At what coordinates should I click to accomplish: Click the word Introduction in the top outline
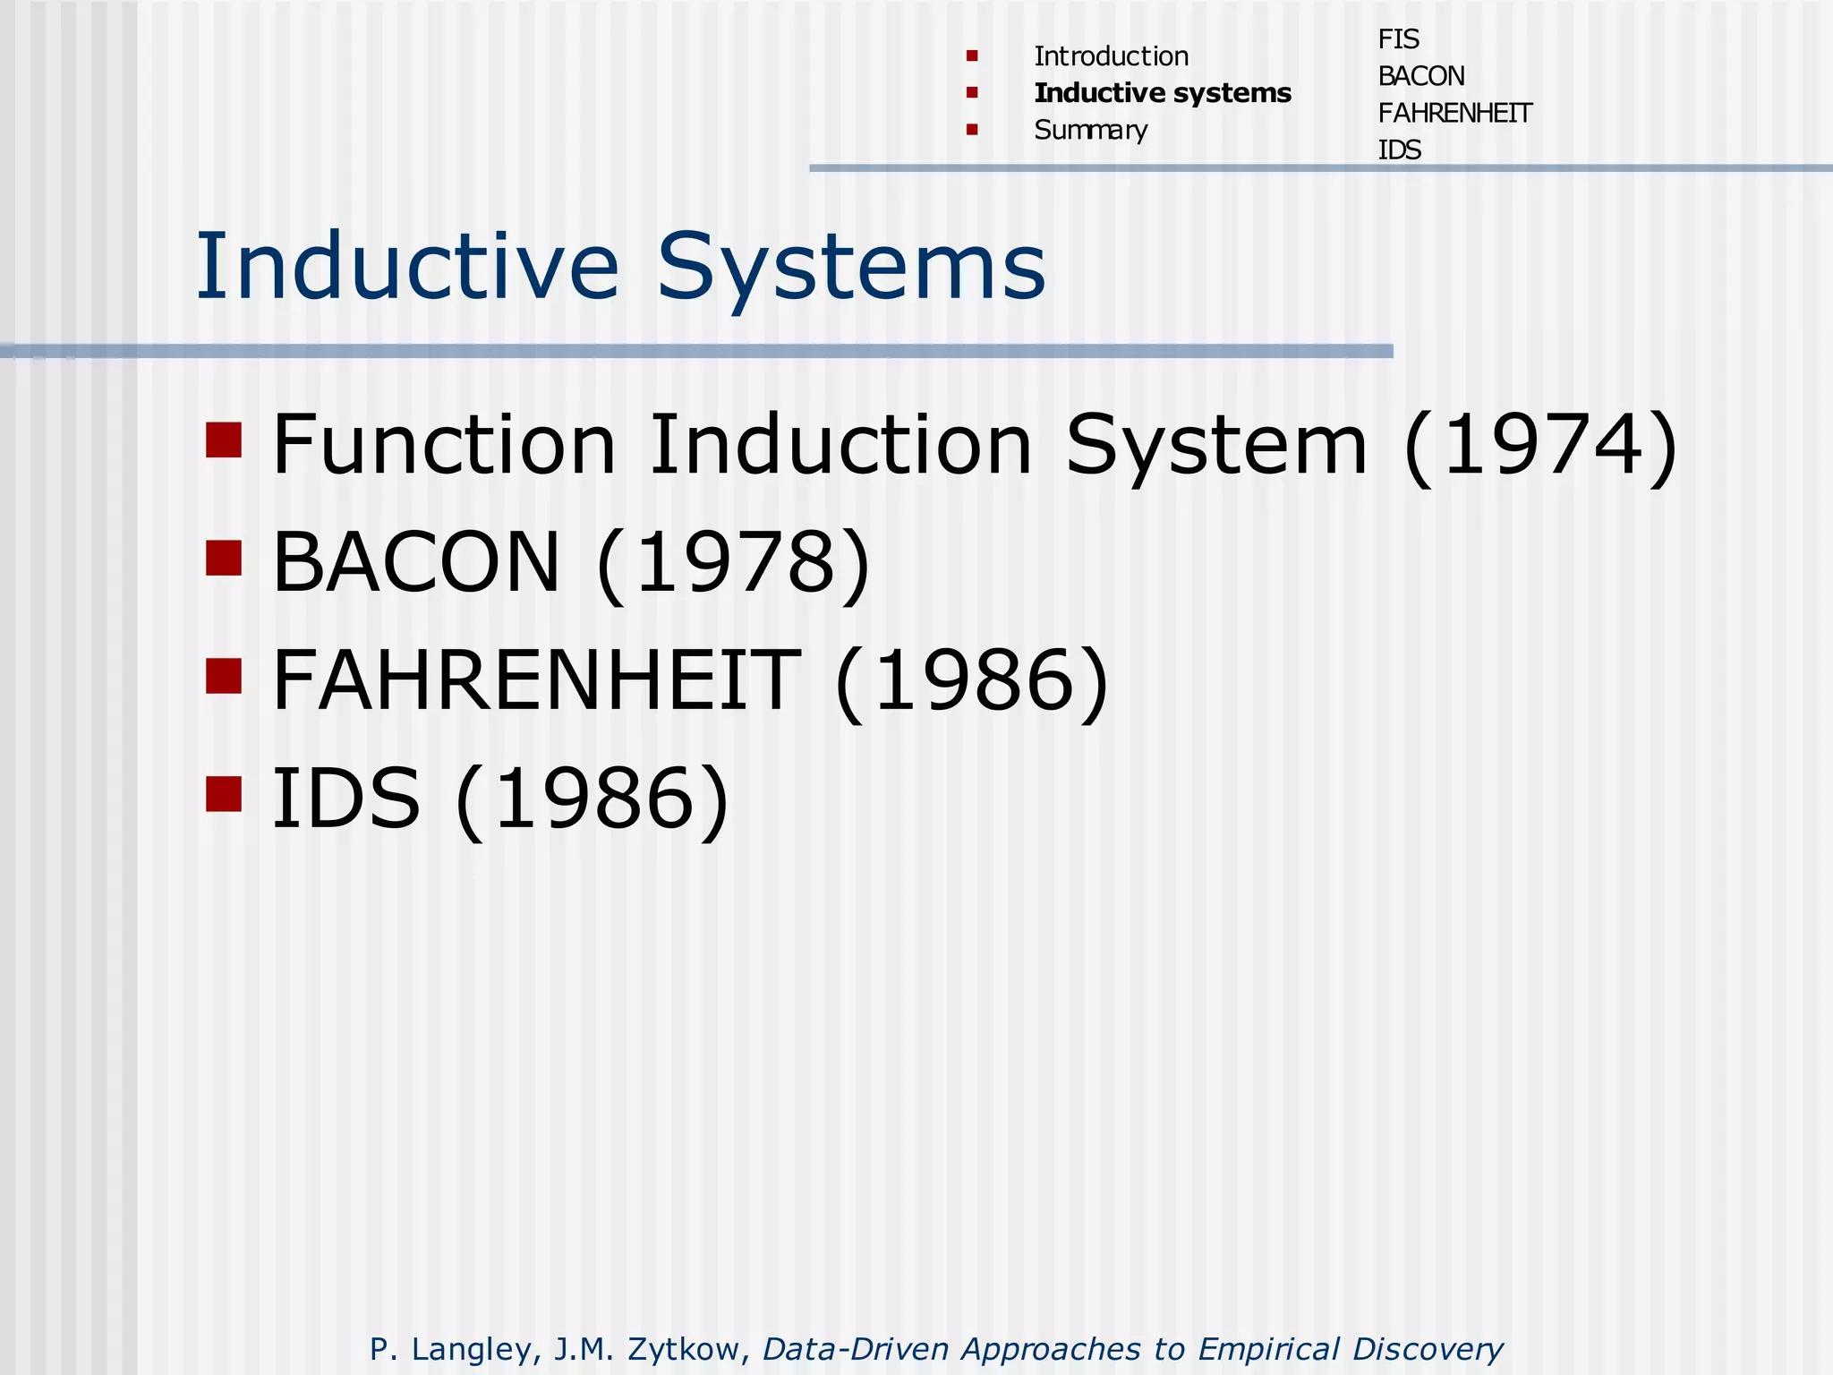coord(1111,56)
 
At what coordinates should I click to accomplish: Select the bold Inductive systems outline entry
coord(1163,93)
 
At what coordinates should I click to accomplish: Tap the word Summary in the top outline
coord(1090,131)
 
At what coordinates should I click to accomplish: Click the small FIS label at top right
coord(1398,39)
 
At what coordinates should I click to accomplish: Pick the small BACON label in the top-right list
coord(1421,76)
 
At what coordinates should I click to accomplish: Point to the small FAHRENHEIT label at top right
coord(1454,113)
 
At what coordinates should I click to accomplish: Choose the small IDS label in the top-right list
coord(1399,149)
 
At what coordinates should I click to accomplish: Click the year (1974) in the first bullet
coord(1540,445)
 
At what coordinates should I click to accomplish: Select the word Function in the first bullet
coord(444,445)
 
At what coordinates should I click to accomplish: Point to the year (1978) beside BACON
coord(733,562)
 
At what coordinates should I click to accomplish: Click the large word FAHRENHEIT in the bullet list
coord(535,680)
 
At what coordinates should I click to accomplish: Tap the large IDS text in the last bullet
coord(345,798)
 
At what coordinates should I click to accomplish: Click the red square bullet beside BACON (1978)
coord(224,558)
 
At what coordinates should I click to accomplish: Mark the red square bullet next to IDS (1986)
coord(224,793)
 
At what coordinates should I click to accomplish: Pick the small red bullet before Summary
coord(972,130)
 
